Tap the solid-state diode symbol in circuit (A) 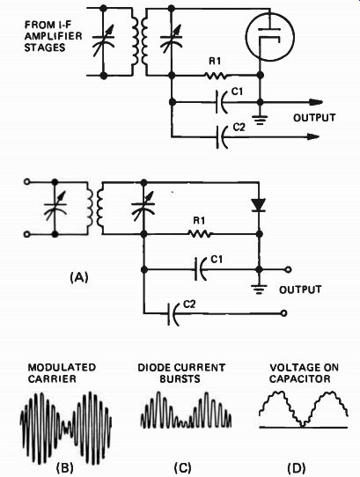click(x=259, y=205)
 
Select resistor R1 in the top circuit click(x=216, y=75)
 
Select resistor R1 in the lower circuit click(x=199, y=234)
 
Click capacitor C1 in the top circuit click(x=222, y=102)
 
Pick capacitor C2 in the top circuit click(x=222, y=137)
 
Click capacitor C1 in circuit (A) click(x=201, y=269)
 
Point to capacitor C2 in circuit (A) click(x=173, y=313)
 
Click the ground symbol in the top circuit click(x=261, y=120)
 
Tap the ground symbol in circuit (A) click(x=259, y=290)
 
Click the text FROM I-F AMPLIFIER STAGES click(x=54, y=36)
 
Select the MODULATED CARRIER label click(x=62, y=373)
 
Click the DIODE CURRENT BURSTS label click(x=181, y=373)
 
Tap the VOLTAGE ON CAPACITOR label click(x=304, y=373)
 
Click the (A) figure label click(x=79, y=277)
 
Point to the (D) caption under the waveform click(x=297, y=467)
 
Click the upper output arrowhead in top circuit click(x=316, y=102)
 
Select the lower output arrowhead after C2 click(x=312, y=137)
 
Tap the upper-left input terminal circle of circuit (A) click(x=26, y=182)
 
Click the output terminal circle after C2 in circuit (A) click(x=283, y=313)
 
